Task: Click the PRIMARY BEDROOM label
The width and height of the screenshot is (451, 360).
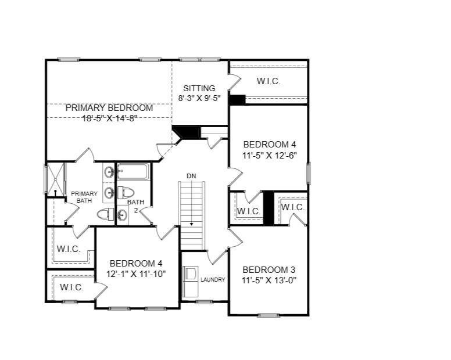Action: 109,108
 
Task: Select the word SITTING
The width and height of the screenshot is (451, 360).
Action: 199,88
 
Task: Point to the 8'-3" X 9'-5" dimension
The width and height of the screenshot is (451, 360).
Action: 199,98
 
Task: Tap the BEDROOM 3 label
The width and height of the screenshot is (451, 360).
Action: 269,270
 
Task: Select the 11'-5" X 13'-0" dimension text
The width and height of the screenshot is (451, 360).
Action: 269,280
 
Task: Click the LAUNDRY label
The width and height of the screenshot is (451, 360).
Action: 213,280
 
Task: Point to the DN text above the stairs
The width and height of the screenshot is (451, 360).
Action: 191,175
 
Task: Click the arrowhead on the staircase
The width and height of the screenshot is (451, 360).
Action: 191,224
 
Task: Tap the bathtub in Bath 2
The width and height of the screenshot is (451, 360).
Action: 133,172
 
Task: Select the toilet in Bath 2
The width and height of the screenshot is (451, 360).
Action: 126,192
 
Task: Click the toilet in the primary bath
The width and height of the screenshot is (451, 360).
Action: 105,214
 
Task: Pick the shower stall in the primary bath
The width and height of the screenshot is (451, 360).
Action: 56,179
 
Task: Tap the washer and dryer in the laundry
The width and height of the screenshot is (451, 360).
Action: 191,279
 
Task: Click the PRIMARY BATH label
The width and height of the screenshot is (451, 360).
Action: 80,197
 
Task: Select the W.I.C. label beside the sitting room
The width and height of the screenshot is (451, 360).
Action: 269,82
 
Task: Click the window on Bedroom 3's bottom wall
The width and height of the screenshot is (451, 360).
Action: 268,315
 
